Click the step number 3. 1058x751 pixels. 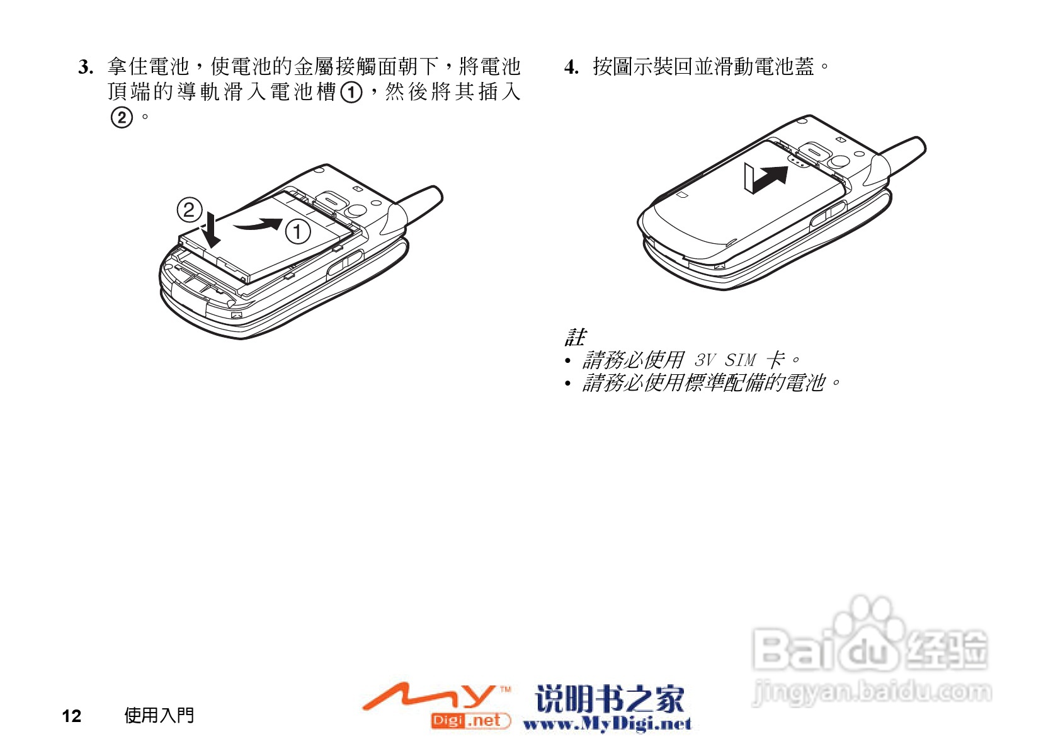pos(86,67)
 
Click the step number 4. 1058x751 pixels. pos(571,67)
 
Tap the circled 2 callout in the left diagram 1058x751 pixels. pos(189,210)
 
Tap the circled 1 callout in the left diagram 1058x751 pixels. pos(297,231)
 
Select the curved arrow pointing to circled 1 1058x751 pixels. pos(258,224)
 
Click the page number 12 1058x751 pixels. pos(71,716)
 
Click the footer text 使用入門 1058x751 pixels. pos(159,715)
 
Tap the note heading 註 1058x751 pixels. pos(574,337)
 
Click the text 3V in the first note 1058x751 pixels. pos(705,360)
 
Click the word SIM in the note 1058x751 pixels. pos(740,360)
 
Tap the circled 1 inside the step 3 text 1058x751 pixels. pos(351,93)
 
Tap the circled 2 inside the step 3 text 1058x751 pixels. pos(122,118)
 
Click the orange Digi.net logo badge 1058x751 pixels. pos(470,721)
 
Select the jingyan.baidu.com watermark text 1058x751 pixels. pos(872,692)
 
